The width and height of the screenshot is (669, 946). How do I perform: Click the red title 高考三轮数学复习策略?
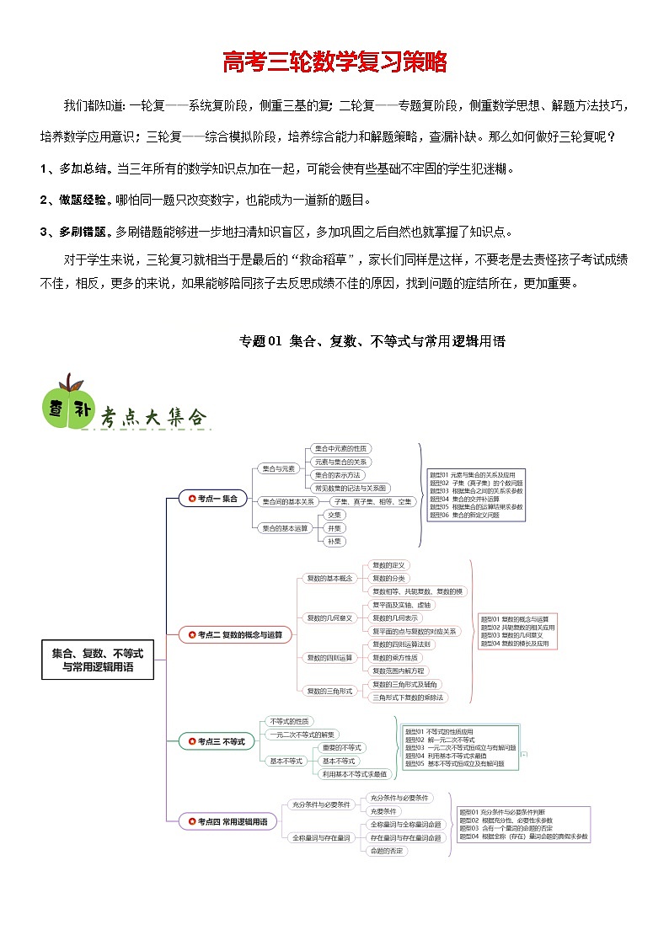point(334,62)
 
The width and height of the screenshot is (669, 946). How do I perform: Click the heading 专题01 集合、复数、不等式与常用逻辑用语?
point(372,341)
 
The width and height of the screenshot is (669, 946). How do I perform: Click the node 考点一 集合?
point(213,499)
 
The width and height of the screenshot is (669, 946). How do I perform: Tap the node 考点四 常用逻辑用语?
point(227,821)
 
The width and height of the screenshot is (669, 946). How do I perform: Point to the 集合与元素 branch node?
point(279,468)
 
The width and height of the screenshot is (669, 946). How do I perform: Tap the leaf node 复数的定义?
point(389,565)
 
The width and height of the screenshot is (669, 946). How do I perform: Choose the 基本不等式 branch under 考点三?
point(286,761)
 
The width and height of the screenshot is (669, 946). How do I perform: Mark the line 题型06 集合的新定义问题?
point(464,515)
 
